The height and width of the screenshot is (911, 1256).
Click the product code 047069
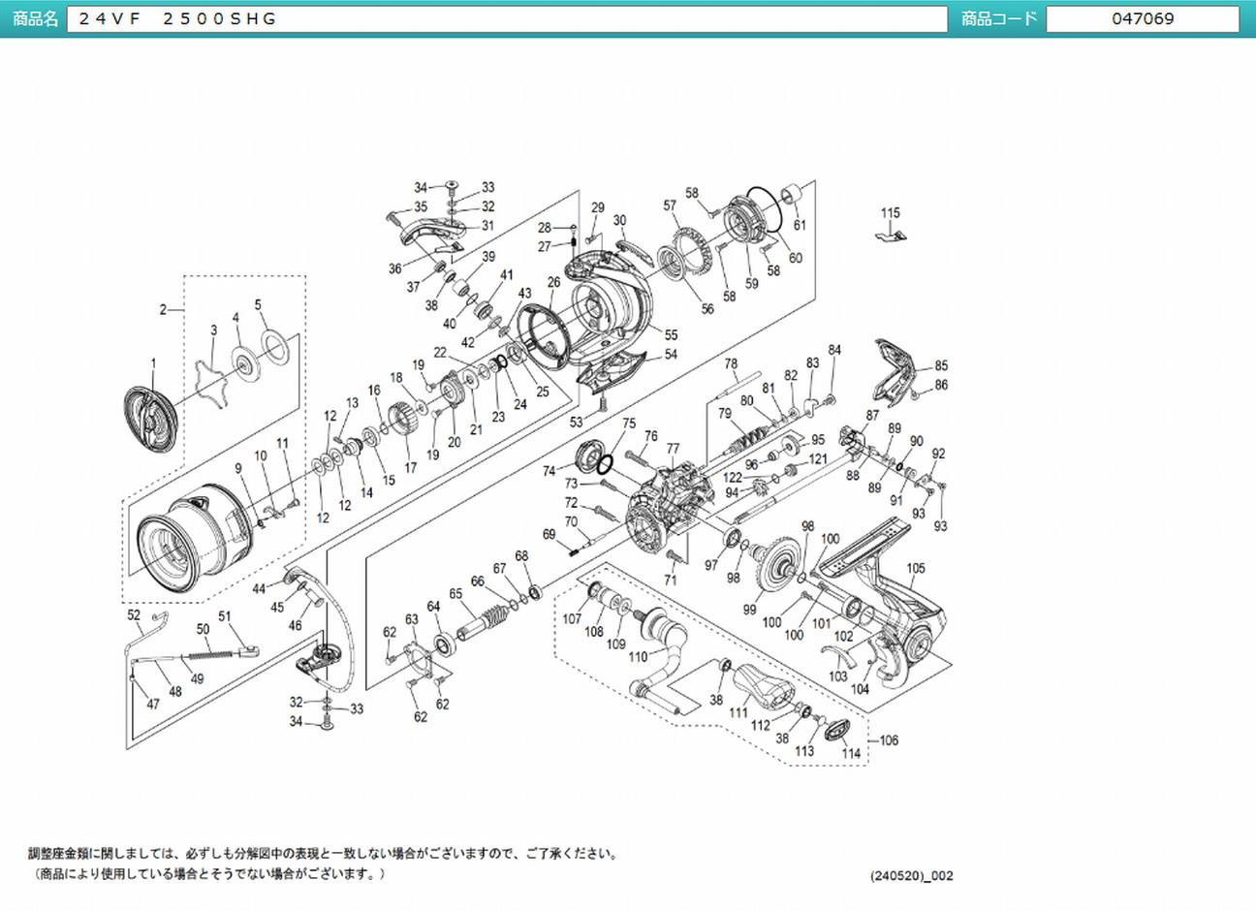coord(1143,18)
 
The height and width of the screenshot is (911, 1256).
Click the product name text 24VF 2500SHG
coord(178,18)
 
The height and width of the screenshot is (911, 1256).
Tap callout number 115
coord(890,213)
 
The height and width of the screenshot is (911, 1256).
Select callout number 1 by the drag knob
coord(152,363)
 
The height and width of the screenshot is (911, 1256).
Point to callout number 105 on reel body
coord(916,569)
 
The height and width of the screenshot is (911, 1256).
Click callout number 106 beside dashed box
coord(889,739)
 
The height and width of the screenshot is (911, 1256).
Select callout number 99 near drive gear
coord(749,610)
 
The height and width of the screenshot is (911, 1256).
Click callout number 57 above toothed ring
coord(670,205)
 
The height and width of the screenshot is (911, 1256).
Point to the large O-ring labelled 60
coord(768,207)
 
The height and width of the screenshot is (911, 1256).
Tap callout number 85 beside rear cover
coord(941,366)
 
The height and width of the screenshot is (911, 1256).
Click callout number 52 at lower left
coord(134,615)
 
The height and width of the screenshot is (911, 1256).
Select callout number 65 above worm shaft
coord(455,593)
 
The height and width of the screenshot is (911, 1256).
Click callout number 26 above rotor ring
coord(553,283)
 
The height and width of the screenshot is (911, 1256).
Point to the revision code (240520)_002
coord(911,875)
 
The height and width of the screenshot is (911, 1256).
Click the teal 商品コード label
coord(999,18)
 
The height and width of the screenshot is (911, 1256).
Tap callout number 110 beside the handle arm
coord(638,656)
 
